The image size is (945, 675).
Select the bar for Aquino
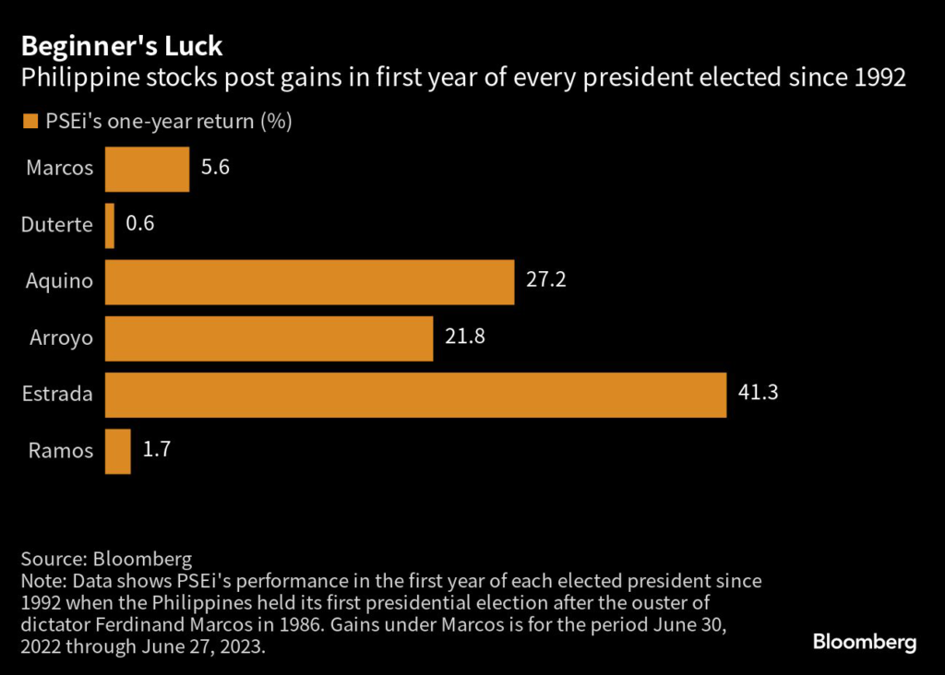coord(309,282)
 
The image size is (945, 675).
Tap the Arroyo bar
coord(269,338)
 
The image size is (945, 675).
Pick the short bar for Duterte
coord(110,226)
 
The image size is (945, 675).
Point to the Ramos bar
coord(118,451)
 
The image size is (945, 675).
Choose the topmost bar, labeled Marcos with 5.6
coord(147,170)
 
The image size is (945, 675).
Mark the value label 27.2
coord(545,280)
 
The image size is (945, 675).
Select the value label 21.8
coord(465,337)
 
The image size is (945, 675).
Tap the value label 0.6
coord(141,225)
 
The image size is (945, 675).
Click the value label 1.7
coord(157,450)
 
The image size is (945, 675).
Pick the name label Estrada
coord(57,395)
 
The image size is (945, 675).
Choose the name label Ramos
coord(60,451)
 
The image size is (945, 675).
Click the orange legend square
coord(30,122)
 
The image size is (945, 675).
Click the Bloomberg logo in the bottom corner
coord(864,642)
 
